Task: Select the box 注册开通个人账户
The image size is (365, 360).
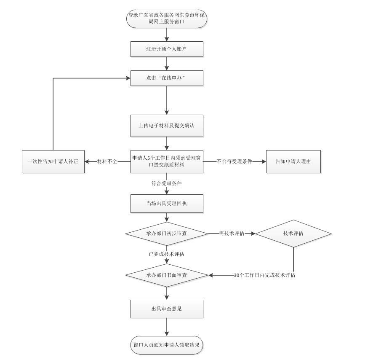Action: [x=167, y=49]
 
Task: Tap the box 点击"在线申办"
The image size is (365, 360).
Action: [x=167, y=78]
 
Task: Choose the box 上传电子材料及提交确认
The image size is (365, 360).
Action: [x=167, y=126]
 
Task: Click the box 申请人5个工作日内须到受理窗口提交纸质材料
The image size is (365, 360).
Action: [x=167, y=161]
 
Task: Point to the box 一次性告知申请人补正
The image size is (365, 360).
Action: [x=53, y=161]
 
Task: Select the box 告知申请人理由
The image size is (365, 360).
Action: [x=293, y=161]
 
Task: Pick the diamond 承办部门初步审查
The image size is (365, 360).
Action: [x=167, y=233]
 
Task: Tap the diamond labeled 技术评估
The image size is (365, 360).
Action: [x=293, y=233]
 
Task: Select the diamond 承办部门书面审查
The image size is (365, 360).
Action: [x=167, y=275]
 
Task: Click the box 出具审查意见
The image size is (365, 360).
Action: [x=167, y=309]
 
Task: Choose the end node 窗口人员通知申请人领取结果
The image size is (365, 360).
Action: [x=167, y=344]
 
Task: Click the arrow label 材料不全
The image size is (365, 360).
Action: [x=107, y=161]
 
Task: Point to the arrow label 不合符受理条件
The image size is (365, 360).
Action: [x=234, y=161]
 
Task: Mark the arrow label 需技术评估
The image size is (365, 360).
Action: [x=232, y=233]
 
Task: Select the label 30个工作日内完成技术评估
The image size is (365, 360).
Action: [x=264, y=275]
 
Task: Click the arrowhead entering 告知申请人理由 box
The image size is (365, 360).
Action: [x=264, y=161]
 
